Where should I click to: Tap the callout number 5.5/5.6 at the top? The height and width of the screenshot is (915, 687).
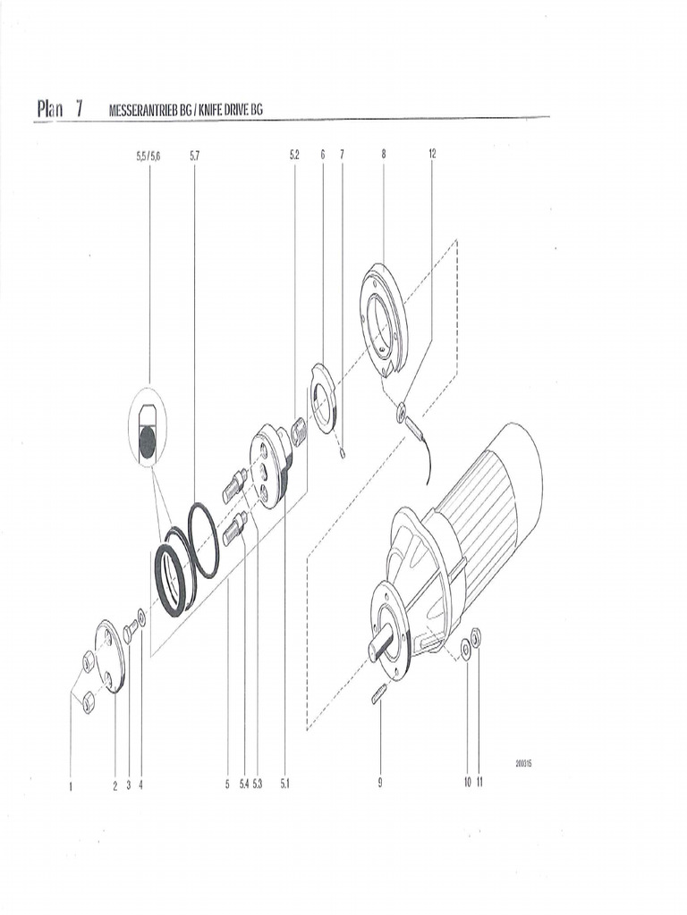pyautogui.click(x=148, y=155)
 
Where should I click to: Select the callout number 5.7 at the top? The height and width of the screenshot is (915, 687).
pyautogui.click(x=194, y=155)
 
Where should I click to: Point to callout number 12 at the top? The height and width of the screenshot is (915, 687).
pyautogui.click(x=432, y=155)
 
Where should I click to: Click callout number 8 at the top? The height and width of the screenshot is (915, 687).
pyautogui.click(x=383, y=155)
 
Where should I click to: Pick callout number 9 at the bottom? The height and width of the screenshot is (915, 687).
pyautogui.click(x=380, y=783)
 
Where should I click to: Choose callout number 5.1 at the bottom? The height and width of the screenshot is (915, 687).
pyautogui.click(x=284, y=784)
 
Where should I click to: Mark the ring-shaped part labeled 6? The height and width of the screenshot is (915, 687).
pyautogui.click(x=322, y=398)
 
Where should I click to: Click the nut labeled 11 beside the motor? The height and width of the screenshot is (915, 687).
pyautogui.click(x=476, y=636)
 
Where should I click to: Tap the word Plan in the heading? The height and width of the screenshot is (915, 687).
pyautogui.click(x=51, y=109)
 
